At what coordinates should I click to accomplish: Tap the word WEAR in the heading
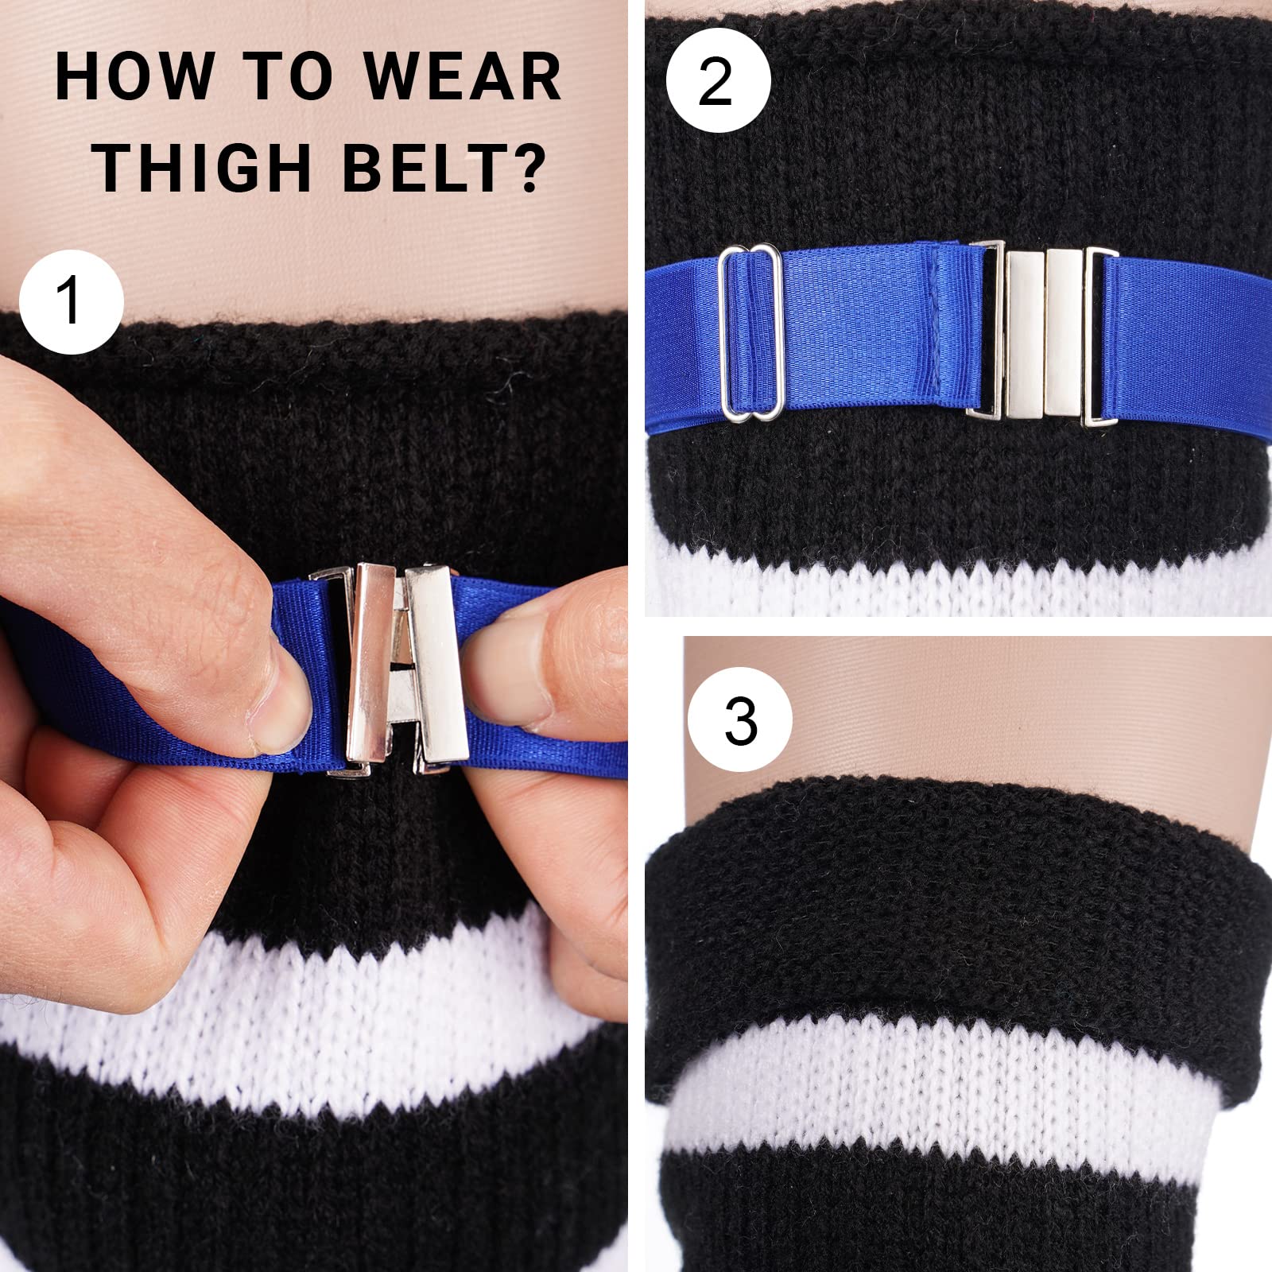click(x=463, y=77)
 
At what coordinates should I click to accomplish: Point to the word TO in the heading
click(x=279, y=77)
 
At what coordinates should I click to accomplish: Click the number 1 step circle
click(x=71, y=301)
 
